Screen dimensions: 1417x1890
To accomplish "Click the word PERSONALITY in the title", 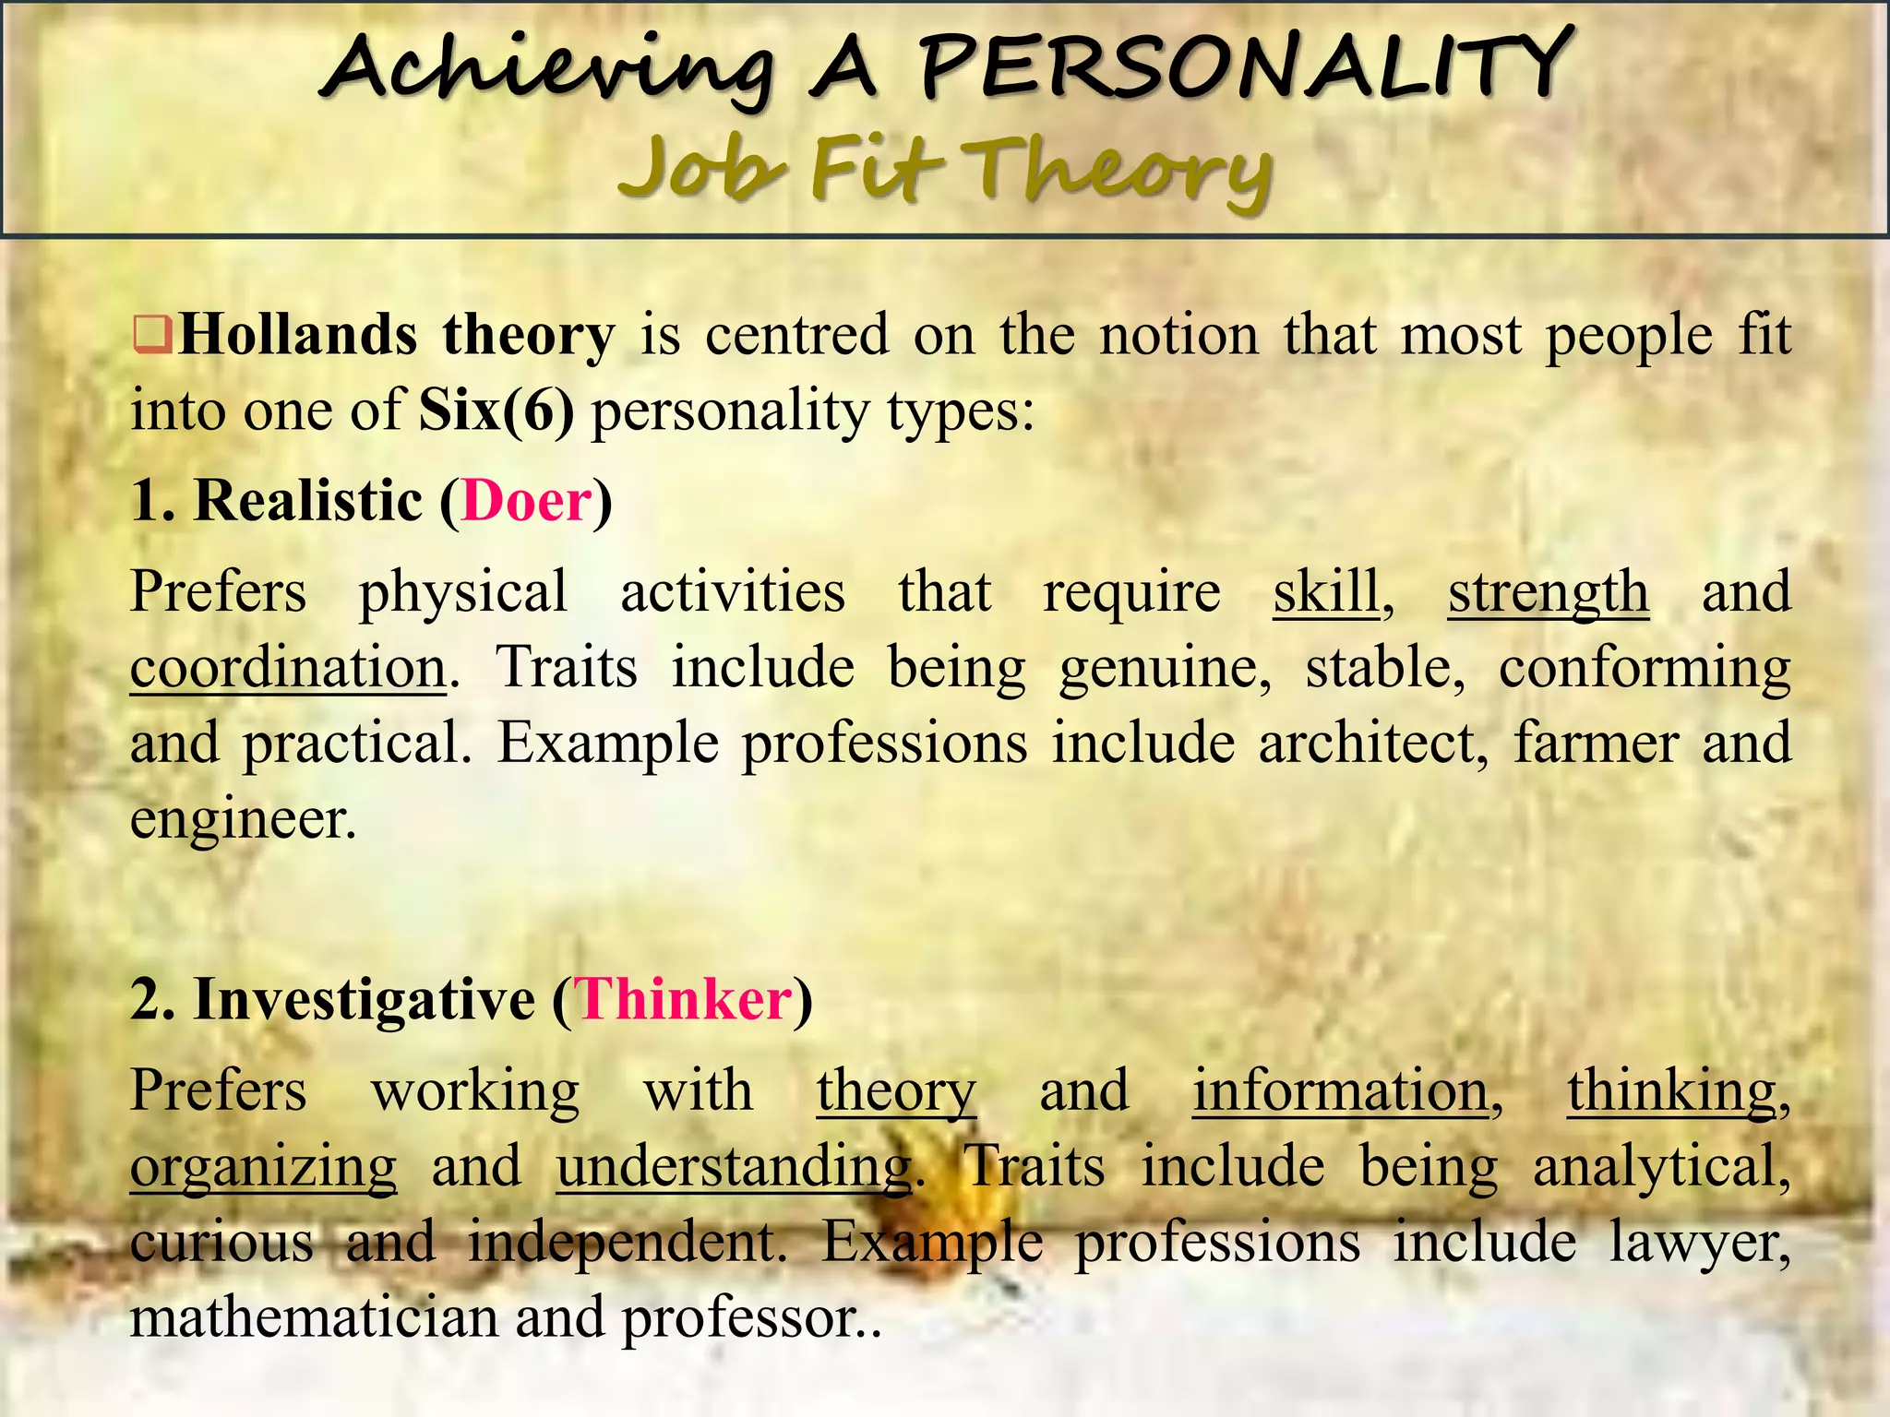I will pos(1241,66).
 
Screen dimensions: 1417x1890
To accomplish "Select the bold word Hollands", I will pos(298,335).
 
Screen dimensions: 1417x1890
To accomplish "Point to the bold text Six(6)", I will pos(496,410).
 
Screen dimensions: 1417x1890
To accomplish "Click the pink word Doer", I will pos(527,501).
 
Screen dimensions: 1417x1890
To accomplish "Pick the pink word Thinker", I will pos(684,999).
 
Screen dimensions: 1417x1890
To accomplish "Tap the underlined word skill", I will pos(1326,591).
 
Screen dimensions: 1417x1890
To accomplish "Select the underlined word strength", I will pos(1548,591).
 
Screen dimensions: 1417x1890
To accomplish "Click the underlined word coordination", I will pos(288,667).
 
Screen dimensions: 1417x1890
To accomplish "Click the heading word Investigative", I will pos(365,999).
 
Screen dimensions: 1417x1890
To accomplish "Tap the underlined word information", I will pos(1341,1090).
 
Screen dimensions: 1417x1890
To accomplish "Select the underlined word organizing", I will pos(263,1166).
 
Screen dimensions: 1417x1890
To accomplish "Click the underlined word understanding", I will pos(734,1166).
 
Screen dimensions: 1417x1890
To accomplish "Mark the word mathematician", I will pos(314,1317).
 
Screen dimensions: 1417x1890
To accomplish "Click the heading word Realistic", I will pos(308,501).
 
